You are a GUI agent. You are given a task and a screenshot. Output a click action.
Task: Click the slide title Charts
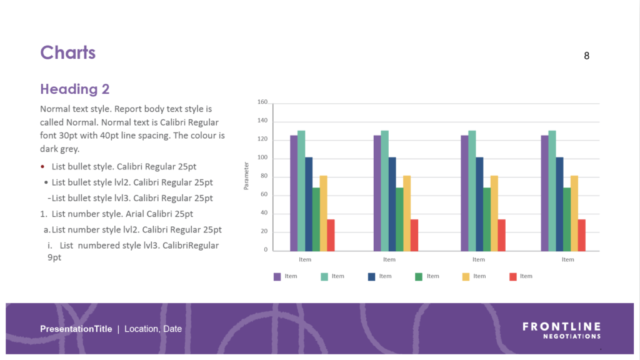pos(67,52)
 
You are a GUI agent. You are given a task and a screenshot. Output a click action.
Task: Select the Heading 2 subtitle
pos(75,89)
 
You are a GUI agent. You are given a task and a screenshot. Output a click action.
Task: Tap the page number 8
pos(586,56)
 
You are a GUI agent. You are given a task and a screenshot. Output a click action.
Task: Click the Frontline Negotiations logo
pos(561,331)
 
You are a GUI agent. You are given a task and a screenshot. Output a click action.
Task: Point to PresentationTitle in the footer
pos(76,329)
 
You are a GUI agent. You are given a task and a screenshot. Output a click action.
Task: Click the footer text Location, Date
pos(153,329)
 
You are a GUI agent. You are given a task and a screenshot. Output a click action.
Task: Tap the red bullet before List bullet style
pos(42,167)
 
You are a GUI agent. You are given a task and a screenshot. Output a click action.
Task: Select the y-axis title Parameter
pos(247,176)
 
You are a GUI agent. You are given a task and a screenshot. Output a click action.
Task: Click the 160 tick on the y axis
pos(262,102)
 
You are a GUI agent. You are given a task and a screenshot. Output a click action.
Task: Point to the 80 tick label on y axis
pos(264,176)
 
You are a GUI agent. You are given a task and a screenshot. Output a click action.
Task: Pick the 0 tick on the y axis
pos(266,250)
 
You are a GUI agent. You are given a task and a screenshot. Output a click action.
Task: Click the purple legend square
pos(277,276)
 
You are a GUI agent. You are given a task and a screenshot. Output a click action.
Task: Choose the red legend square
pos(513,276)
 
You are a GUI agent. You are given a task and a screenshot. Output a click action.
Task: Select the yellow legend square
pos(466,276)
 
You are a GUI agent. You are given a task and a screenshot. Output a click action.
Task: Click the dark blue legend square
pos(372,276)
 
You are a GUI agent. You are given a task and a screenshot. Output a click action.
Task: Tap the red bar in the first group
pos(331,235)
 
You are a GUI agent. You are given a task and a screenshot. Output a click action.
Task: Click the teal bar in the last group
pos(552,191)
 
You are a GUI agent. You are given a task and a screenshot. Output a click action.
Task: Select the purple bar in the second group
pos(377,192)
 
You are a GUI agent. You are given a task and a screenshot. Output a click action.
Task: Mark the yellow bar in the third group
pos(494,213)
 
